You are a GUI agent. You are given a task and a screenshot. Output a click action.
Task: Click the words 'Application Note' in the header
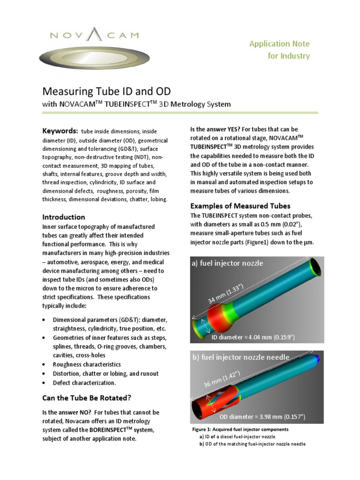[279, 44]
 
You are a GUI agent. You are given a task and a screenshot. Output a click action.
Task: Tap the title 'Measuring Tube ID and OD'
[107, 90]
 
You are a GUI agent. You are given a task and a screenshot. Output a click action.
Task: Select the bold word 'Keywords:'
[60, 130]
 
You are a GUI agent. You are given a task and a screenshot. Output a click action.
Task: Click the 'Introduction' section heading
[64, 217]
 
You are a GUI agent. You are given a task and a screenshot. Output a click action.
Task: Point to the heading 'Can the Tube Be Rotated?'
[87, 398]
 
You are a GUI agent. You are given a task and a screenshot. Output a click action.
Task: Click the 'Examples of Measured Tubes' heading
[240, 206]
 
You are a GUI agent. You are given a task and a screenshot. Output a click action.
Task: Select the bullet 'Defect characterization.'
[84, 383]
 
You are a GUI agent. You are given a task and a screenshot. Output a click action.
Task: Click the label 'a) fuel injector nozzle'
[227, 263]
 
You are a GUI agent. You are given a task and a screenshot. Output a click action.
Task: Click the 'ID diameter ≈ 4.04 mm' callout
[253, 337]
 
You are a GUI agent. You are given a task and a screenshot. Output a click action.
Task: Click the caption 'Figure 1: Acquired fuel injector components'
[240, 429]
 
